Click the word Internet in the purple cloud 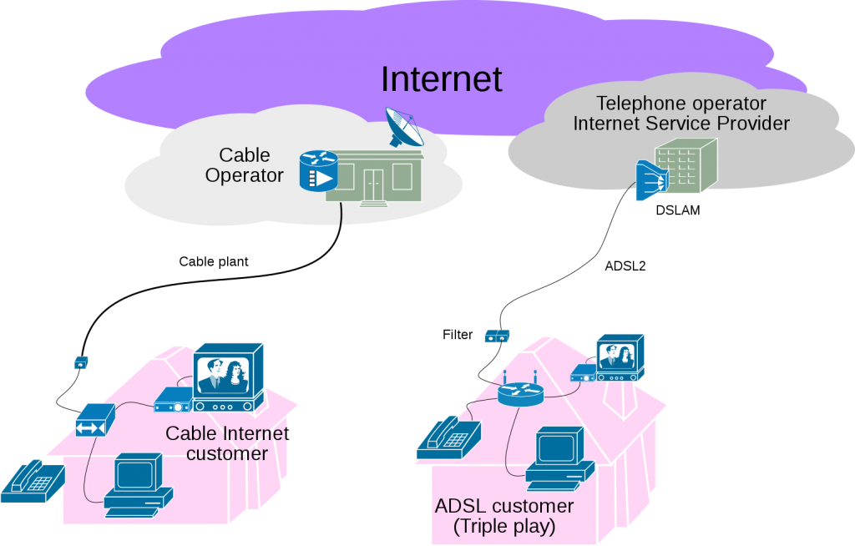click(441, 79)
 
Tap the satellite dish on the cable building click(406, 128)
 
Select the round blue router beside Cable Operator click(317, 170)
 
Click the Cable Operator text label click(245, 165)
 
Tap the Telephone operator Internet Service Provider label click(680, 114)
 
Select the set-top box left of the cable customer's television click(174, 401)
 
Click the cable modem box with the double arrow click(94, 420)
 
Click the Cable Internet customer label click(227, 443)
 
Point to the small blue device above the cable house click(81, 362)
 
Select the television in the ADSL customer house click(620, 356)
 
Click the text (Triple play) click(503, 527)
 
